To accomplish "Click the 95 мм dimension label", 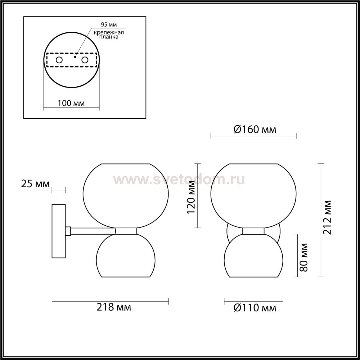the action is (x=109, y=25).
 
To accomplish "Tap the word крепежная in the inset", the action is (x=109, y=33).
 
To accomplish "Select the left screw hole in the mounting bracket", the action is (x=59, y=60).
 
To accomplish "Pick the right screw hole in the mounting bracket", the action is (x=85, y=60).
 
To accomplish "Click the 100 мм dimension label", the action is (x=71, y=103).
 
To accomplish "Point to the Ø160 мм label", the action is (x=255, y=129).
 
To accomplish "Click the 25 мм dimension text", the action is (x=35, y=184).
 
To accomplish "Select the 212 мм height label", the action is (x=327, y=217).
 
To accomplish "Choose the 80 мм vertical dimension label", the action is (x=303, y=257).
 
